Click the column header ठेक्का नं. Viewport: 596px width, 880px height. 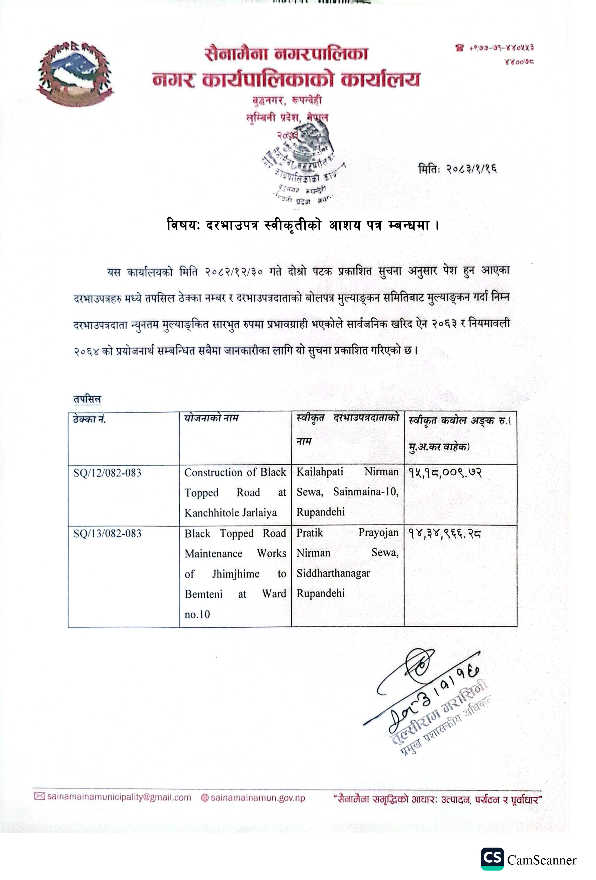point(89,419)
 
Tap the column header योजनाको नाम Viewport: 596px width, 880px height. point(211,418)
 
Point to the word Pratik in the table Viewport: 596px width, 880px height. point(310,533)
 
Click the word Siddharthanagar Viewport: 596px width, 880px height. point(333,573)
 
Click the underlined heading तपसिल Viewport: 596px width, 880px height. point(87,399)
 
